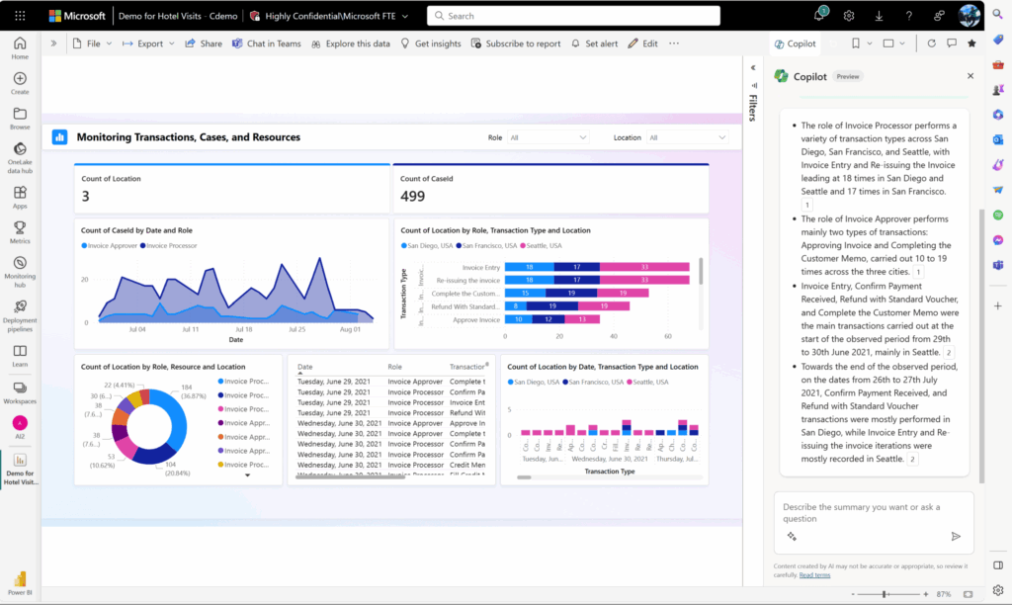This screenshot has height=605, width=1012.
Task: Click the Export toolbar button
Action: point(148,43)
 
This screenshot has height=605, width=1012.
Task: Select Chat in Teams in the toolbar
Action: point(266,43)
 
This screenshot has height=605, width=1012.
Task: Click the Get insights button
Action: point(431,43)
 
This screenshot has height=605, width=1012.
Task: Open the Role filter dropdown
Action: point(548,137)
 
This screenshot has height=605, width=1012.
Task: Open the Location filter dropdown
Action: point(687,137)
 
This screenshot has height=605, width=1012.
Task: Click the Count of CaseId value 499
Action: point(413,197)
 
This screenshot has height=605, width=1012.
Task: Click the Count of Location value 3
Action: point(86,197)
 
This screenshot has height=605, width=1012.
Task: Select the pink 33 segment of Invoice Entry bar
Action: point(643,267)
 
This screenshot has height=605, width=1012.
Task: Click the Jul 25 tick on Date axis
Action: point(296,329)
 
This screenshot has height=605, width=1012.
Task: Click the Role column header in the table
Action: point(395,367)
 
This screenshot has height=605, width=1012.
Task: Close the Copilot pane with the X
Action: point(970,76)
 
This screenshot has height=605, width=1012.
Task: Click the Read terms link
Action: point(814,574)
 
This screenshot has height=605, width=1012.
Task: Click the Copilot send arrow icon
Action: point(956,536)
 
